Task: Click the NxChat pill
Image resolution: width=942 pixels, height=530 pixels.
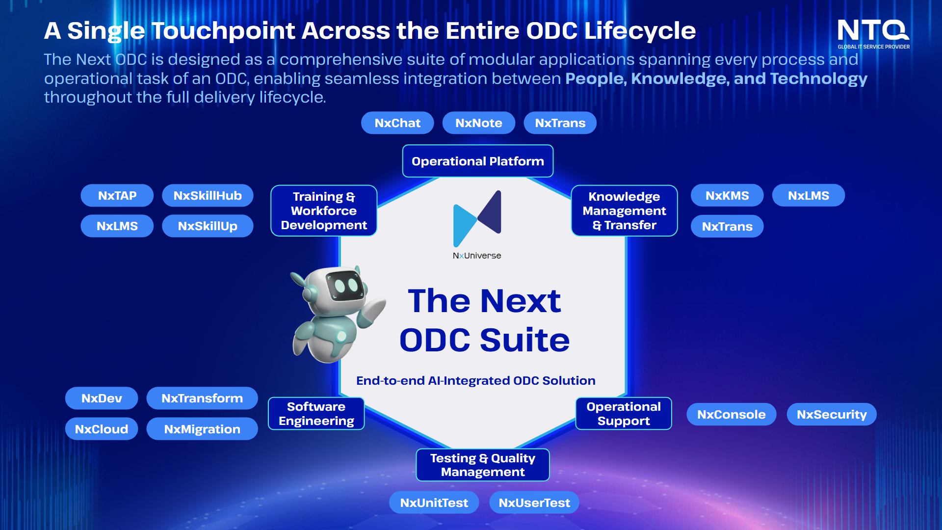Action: (x=397, y=123)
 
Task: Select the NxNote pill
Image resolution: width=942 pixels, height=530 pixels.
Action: (x=479, y=123)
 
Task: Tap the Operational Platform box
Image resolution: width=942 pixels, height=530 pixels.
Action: (x=478, y=161)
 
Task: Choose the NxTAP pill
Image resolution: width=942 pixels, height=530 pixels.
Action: (x=117, y=195)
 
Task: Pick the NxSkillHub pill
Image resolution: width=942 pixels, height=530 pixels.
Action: (x=208, y=195)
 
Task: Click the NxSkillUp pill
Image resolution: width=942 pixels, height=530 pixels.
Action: (x=208, y=226)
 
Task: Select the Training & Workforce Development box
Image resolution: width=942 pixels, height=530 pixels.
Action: (x=324, y=211)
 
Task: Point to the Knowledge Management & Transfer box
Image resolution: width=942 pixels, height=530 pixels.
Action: (x=624, y=211)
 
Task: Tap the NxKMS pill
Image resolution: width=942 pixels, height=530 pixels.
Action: (x=727, y=195)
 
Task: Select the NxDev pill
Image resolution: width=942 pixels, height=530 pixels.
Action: (x=102, y=398)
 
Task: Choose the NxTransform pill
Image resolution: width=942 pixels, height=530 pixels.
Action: (x=202, y=398)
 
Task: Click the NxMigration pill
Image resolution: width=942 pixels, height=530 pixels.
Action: (x=202, y=429)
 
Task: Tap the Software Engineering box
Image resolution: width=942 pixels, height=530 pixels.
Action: (x=316, y=414)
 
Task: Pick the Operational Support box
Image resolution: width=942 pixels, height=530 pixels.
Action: (x=624, y=414)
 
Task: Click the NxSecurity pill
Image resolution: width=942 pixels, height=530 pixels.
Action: (x=832, y=414)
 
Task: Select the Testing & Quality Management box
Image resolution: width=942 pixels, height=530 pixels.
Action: (x=483, y=465)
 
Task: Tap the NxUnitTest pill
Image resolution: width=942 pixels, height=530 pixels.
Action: (x=434, y=503)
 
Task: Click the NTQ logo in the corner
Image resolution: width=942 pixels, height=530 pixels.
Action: (x=873, y=34)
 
